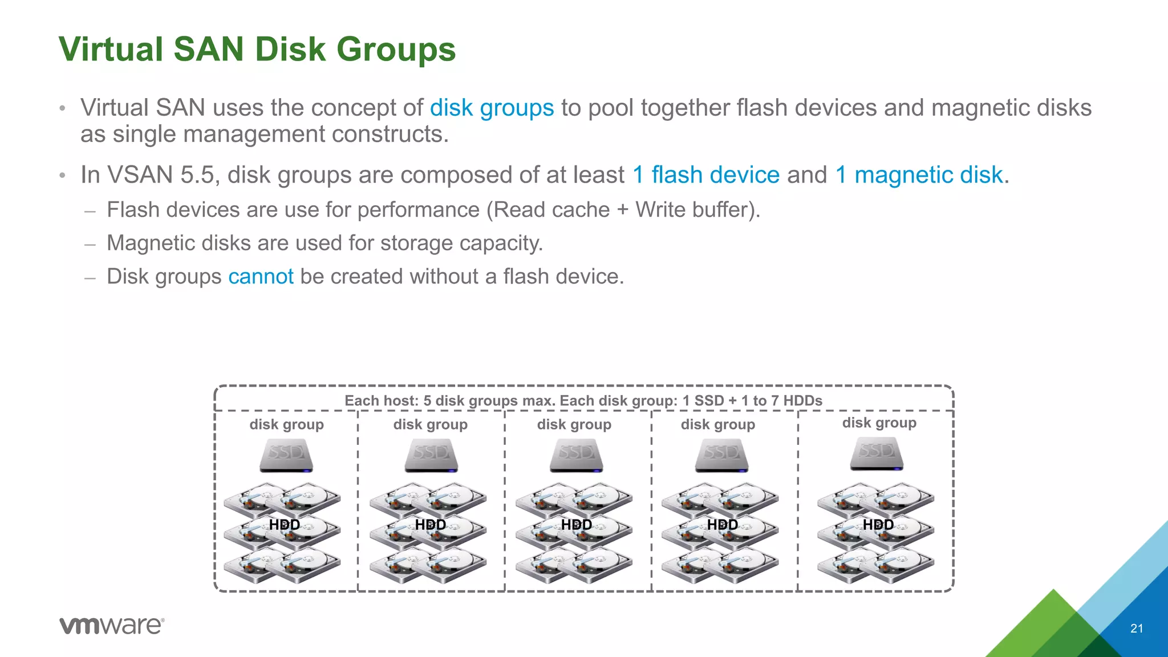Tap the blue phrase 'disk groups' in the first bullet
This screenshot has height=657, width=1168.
pyautogui.click(x=492, y=108)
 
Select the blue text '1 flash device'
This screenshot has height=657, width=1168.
pyautogui.click(x=706, y=175)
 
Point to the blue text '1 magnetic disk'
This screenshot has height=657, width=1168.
pyautogui.click(x=919, y=175)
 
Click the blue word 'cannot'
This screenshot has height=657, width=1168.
pyautogui.click(x=261, y=277)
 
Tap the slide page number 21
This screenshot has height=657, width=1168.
pyautogui.click(x=1137, y=628)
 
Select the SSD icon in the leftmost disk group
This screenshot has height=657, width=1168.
pyautogui.click(x=286, y=455)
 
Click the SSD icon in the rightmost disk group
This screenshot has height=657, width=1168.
pyautogui.click(x=877, y=453)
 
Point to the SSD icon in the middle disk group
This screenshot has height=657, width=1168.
pyautogui.click(x=577, y=455)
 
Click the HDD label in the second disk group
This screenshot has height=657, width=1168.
pyautogui.click(x=431, y=525)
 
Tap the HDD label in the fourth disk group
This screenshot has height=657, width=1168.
pyautogui.click(x=723, y=525)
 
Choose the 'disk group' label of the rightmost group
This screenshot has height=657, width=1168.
pyautogui.click(x=879, y=423)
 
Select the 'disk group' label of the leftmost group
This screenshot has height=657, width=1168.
pyautogui.click(x=286, y=424)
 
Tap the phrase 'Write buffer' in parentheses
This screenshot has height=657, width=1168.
pyautogui.click(x=694, y=210)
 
